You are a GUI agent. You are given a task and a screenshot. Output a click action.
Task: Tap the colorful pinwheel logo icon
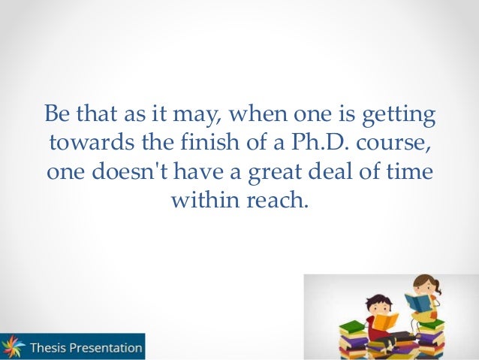point(13,347)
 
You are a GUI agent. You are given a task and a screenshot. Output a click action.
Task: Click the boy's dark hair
point(374,299)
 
